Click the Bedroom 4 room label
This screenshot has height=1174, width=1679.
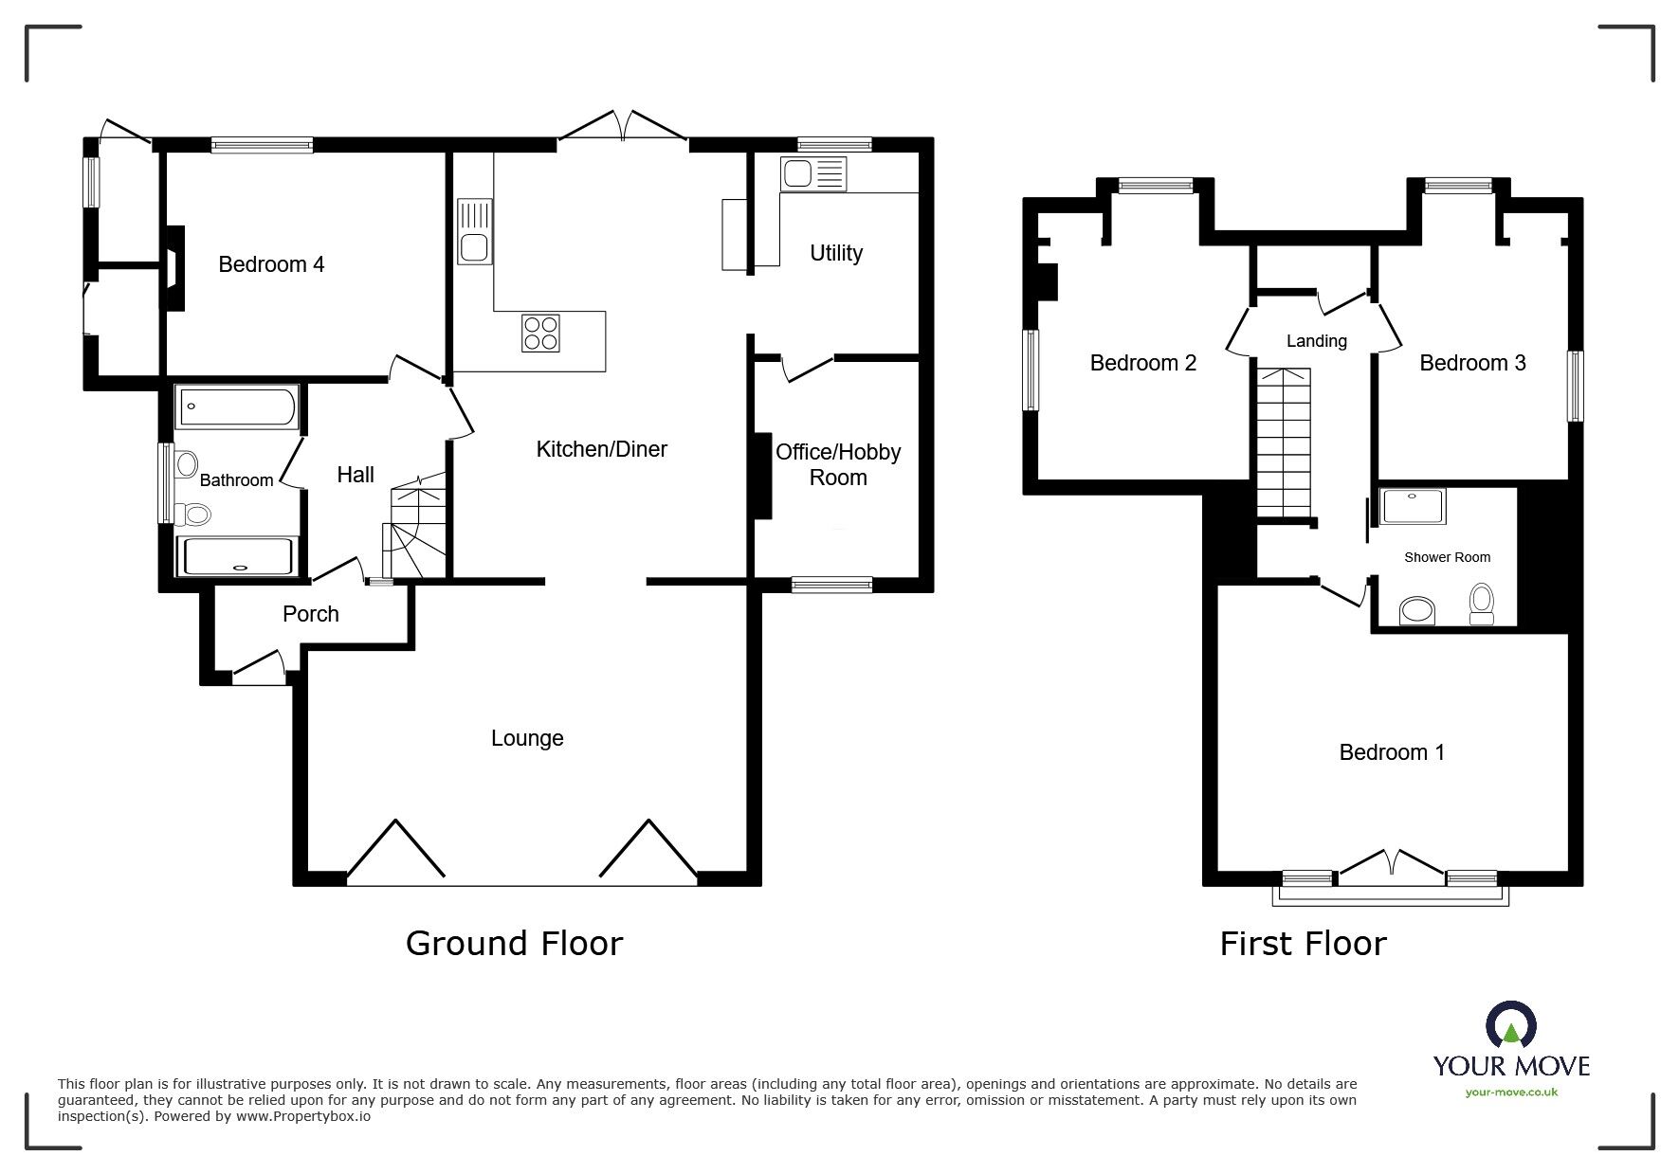[x=271, y=264]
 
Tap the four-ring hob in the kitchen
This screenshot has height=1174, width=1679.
[x=540, y=334]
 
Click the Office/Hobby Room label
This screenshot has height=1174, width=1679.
[x=838, y=464]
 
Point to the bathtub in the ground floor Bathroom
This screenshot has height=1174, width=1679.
[x=237, y=406]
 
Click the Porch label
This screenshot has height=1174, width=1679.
[x=310, y=614]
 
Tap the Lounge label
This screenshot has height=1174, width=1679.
[x=527, y=738]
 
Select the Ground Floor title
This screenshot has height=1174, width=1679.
[x=514, y=943]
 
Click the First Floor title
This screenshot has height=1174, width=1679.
[x=1303, y=943]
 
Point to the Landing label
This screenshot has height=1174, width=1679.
[x=1316, y=341]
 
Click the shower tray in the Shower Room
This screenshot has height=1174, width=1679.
[x=1414, y=506]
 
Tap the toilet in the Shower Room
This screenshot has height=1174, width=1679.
[x=1481, y=605]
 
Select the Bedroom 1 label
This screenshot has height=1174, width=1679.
[x=1392, y=752]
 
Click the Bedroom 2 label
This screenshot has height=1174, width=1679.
[x=1142, y=363]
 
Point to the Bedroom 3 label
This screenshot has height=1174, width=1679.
[x=1472, y=363]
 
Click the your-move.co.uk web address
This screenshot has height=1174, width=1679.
[x=1511, y=1093]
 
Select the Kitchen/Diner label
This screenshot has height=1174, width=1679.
[x=601, y=449]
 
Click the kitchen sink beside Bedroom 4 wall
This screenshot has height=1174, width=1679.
[x=474, y=231]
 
